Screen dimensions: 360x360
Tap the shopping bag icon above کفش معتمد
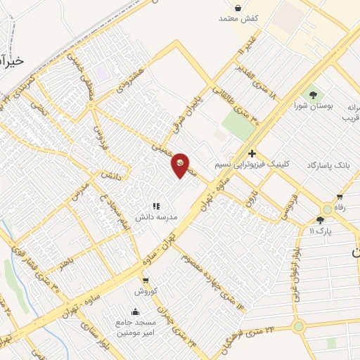pyautogui.click(x=239, y=8)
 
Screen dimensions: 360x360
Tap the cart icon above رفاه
pyautogui.click(x=340, y=197)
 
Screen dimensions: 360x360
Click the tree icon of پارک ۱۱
pyautogui.click(x=321, y=220)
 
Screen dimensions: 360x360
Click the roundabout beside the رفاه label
pyautogui.click(x=327, y=210)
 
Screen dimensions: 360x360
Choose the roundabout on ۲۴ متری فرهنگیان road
pyautogui.click(x=298, y=326)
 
